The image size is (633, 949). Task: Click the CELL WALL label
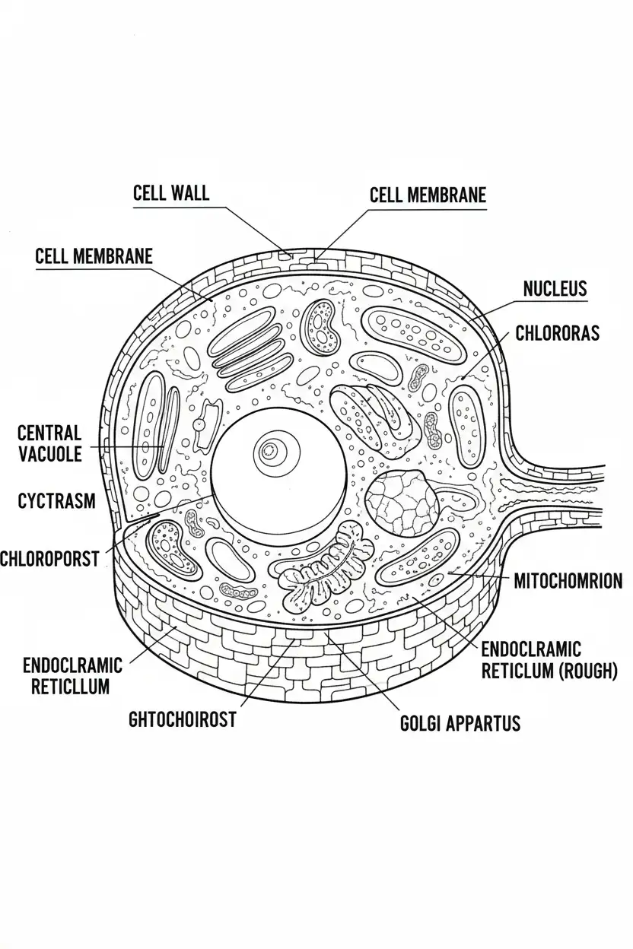[x=170, y=192]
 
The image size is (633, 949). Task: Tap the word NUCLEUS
[x=555, y=288]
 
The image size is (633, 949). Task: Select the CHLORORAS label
[x=558, y=333]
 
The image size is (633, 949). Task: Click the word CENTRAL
[x=49, y=433]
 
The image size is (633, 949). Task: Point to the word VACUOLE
[x=49, y=455]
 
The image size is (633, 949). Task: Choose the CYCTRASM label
[x=56, y=500]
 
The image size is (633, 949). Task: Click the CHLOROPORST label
[x=49, y=559]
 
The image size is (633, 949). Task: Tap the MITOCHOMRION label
[x=568, y=582]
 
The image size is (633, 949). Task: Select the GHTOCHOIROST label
[x=183, y=719]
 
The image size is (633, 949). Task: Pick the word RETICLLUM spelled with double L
[x=69, y=686]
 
